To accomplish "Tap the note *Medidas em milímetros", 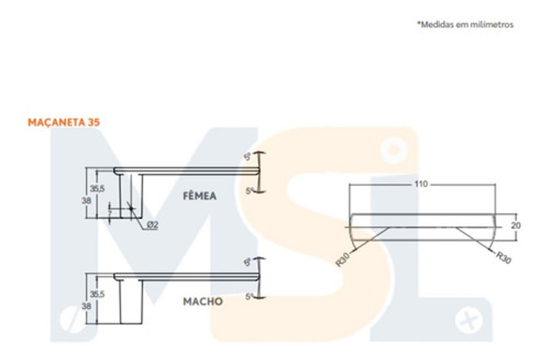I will click(465, 25).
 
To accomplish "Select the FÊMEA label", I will click(199, 196).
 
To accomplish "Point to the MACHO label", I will click(202, 301).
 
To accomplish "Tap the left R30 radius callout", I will click(343, 260).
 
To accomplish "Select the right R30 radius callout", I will click(503, 259).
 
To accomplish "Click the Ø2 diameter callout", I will click(152, 225).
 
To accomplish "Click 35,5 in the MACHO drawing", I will click(97, 293).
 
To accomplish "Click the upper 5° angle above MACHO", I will click(248, 261).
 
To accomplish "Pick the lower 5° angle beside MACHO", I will click(250, 296).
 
